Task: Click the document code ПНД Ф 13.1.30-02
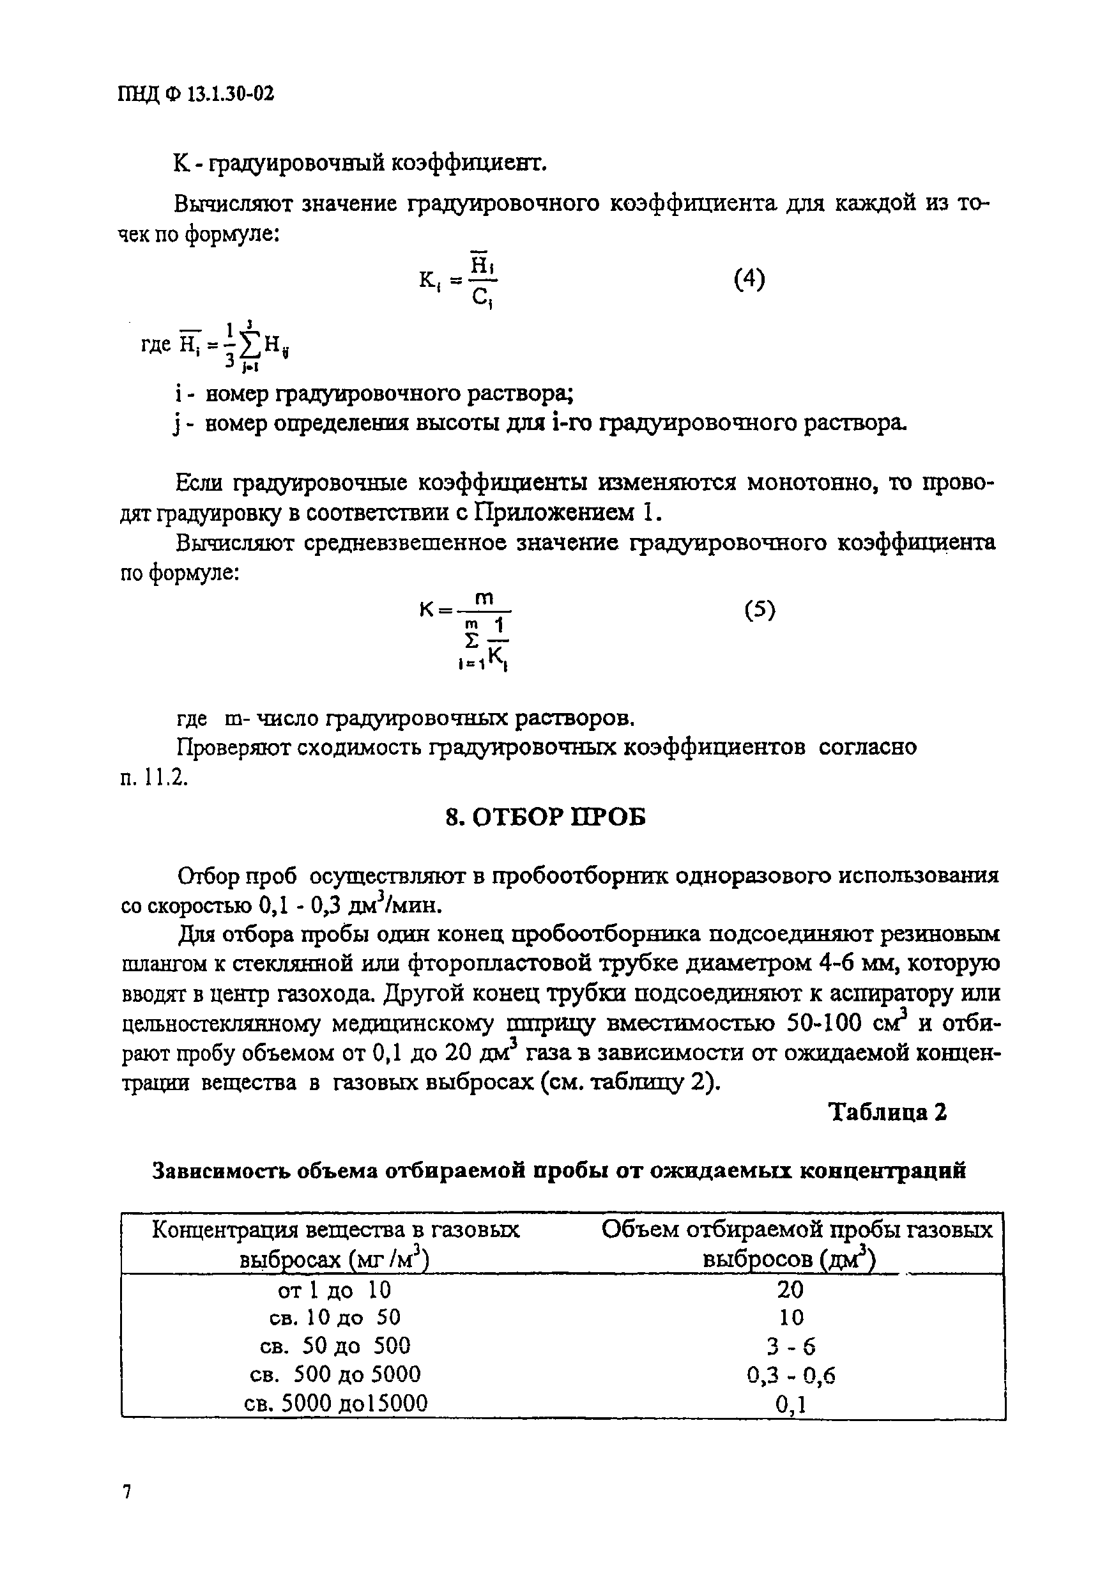pos(197,94)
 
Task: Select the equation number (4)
pos(749,279)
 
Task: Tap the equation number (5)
pos(760,610)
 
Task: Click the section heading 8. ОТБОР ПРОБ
pos(546,817)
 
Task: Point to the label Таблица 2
pos(888,1112)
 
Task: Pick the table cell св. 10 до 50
pos(335,1318)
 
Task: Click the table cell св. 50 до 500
pos(335,1346)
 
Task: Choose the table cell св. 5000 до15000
pos(336,1403)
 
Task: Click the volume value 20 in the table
pos(790,1289)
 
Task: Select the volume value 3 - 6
pos(790,1347)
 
